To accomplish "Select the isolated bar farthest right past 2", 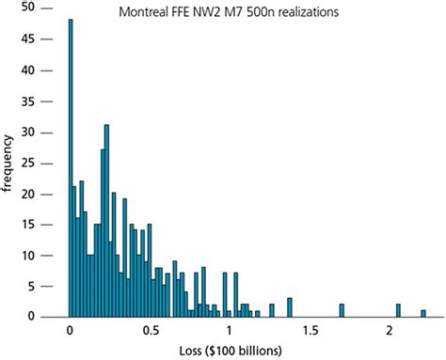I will (x=423, y=313).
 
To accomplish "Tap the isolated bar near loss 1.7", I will (x=342, y=310).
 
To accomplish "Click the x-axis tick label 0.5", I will (x=149, y=332).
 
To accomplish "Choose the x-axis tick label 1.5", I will (x=310, y=332).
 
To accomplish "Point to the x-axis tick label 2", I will (x=390, y=332).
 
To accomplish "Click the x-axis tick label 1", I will (x=230, y=332).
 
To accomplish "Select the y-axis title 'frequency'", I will (x=9, y=164).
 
